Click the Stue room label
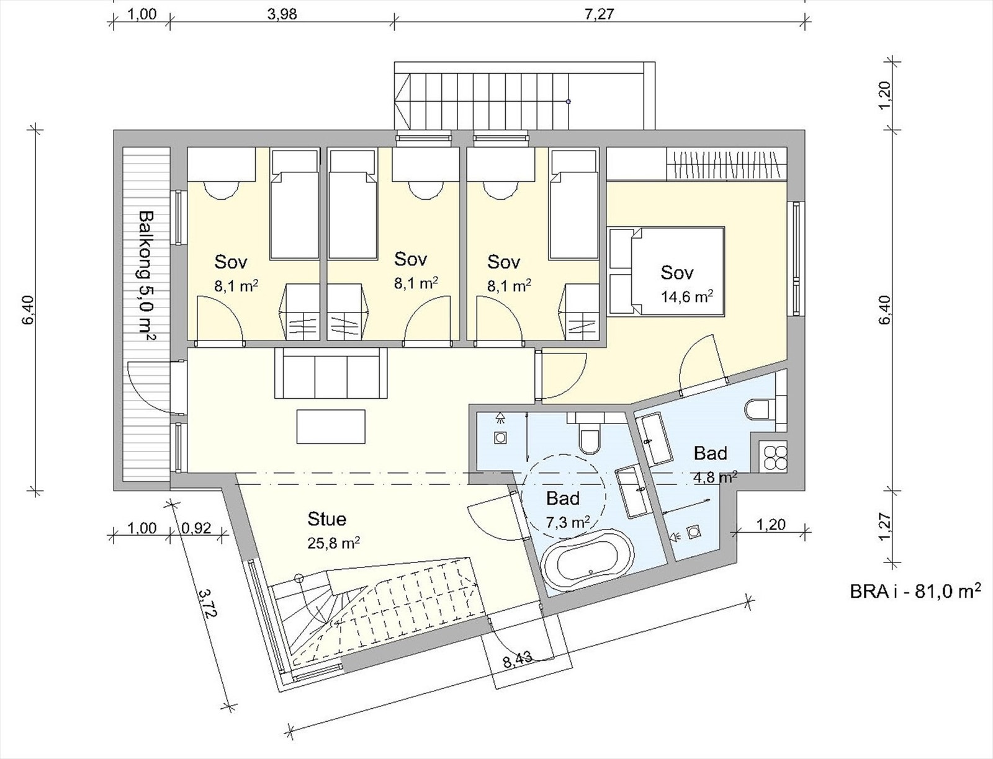pos(326,519)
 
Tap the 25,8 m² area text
pos(334,543)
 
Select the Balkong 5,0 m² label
pos(146,276)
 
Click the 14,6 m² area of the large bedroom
pos(686,296)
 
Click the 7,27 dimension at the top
pos(599,14)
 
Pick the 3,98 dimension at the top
pos(282,14)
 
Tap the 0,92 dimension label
pos(196,528)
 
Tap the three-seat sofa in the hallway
pos(331,373)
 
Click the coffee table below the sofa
pos(331,426)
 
